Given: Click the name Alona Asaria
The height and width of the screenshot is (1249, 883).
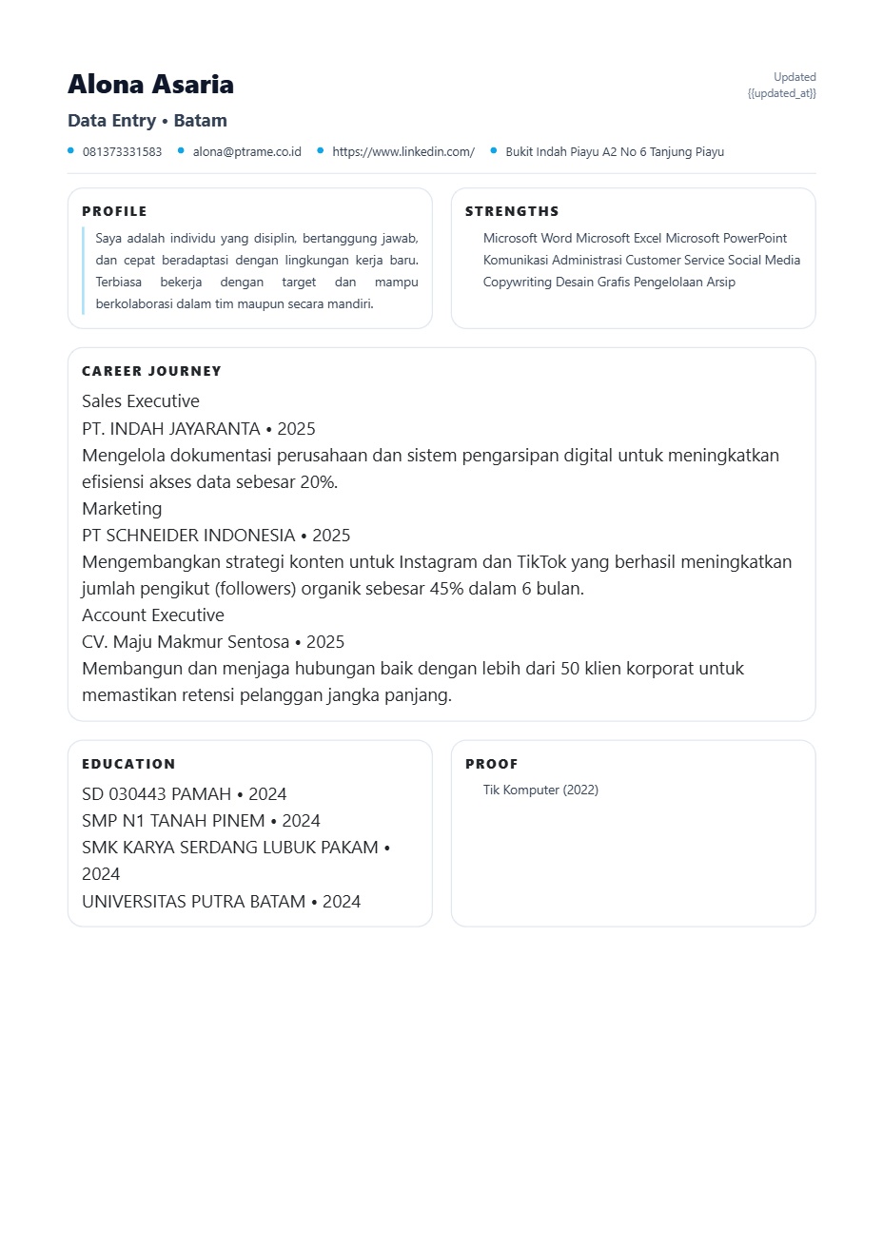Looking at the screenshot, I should [150, 85].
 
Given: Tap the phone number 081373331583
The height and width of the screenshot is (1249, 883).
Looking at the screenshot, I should [122, 152].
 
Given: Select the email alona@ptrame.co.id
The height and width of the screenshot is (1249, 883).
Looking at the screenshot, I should [246, 152].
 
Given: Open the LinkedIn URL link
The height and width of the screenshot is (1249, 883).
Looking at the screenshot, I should [402, 152].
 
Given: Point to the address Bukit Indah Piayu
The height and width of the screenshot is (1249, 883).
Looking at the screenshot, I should [614, 152].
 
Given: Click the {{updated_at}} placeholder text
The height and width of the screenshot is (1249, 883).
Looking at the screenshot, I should [781, 93].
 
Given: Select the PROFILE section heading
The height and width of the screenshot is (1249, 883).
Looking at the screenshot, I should [114, 211].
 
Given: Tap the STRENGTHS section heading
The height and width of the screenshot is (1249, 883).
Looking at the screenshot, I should [512, 211].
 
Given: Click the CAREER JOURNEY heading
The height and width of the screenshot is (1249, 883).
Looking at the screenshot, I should [151, 371].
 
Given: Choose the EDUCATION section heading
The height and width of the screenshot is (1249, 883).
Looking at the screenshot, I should [128, 764].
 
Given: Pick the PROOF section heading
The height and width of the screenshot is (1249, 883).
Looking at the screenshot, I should [491, 764].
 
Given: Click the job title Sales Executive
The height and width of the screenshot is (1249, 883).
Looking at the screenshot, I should [141, 401].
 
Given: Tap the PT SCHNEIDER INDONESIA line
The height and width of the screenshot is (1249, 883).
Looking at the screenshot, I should [188, 536].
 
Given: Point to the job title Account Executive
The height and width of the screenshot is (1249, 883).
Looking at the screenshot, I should [153, 615].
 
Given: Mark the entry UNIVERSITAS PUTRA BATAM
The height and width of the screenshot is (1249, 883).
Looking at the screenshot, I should [194, 902].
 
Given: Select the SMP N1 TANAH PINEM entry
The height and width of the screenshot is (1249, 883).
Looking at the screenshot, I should [173, 821].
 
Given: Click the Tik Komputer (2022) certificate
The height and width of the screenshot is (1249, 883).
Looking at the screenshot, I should [540, 790].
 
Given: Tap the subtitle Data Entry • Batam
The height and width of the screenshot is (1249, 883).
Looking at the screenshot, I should [147, 121].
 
